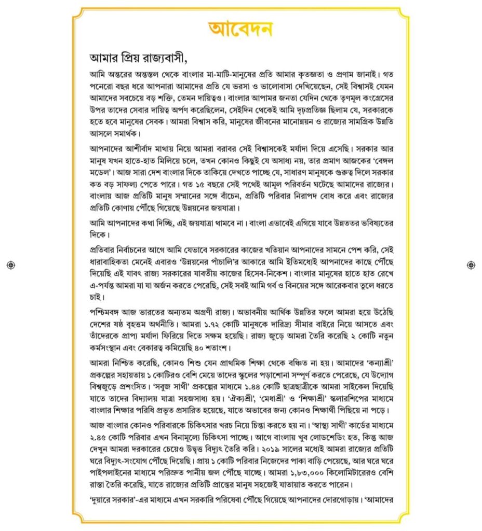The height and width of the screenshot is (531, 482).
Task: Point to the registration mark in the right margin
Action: pyautogui.click(x=471, y=265)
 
